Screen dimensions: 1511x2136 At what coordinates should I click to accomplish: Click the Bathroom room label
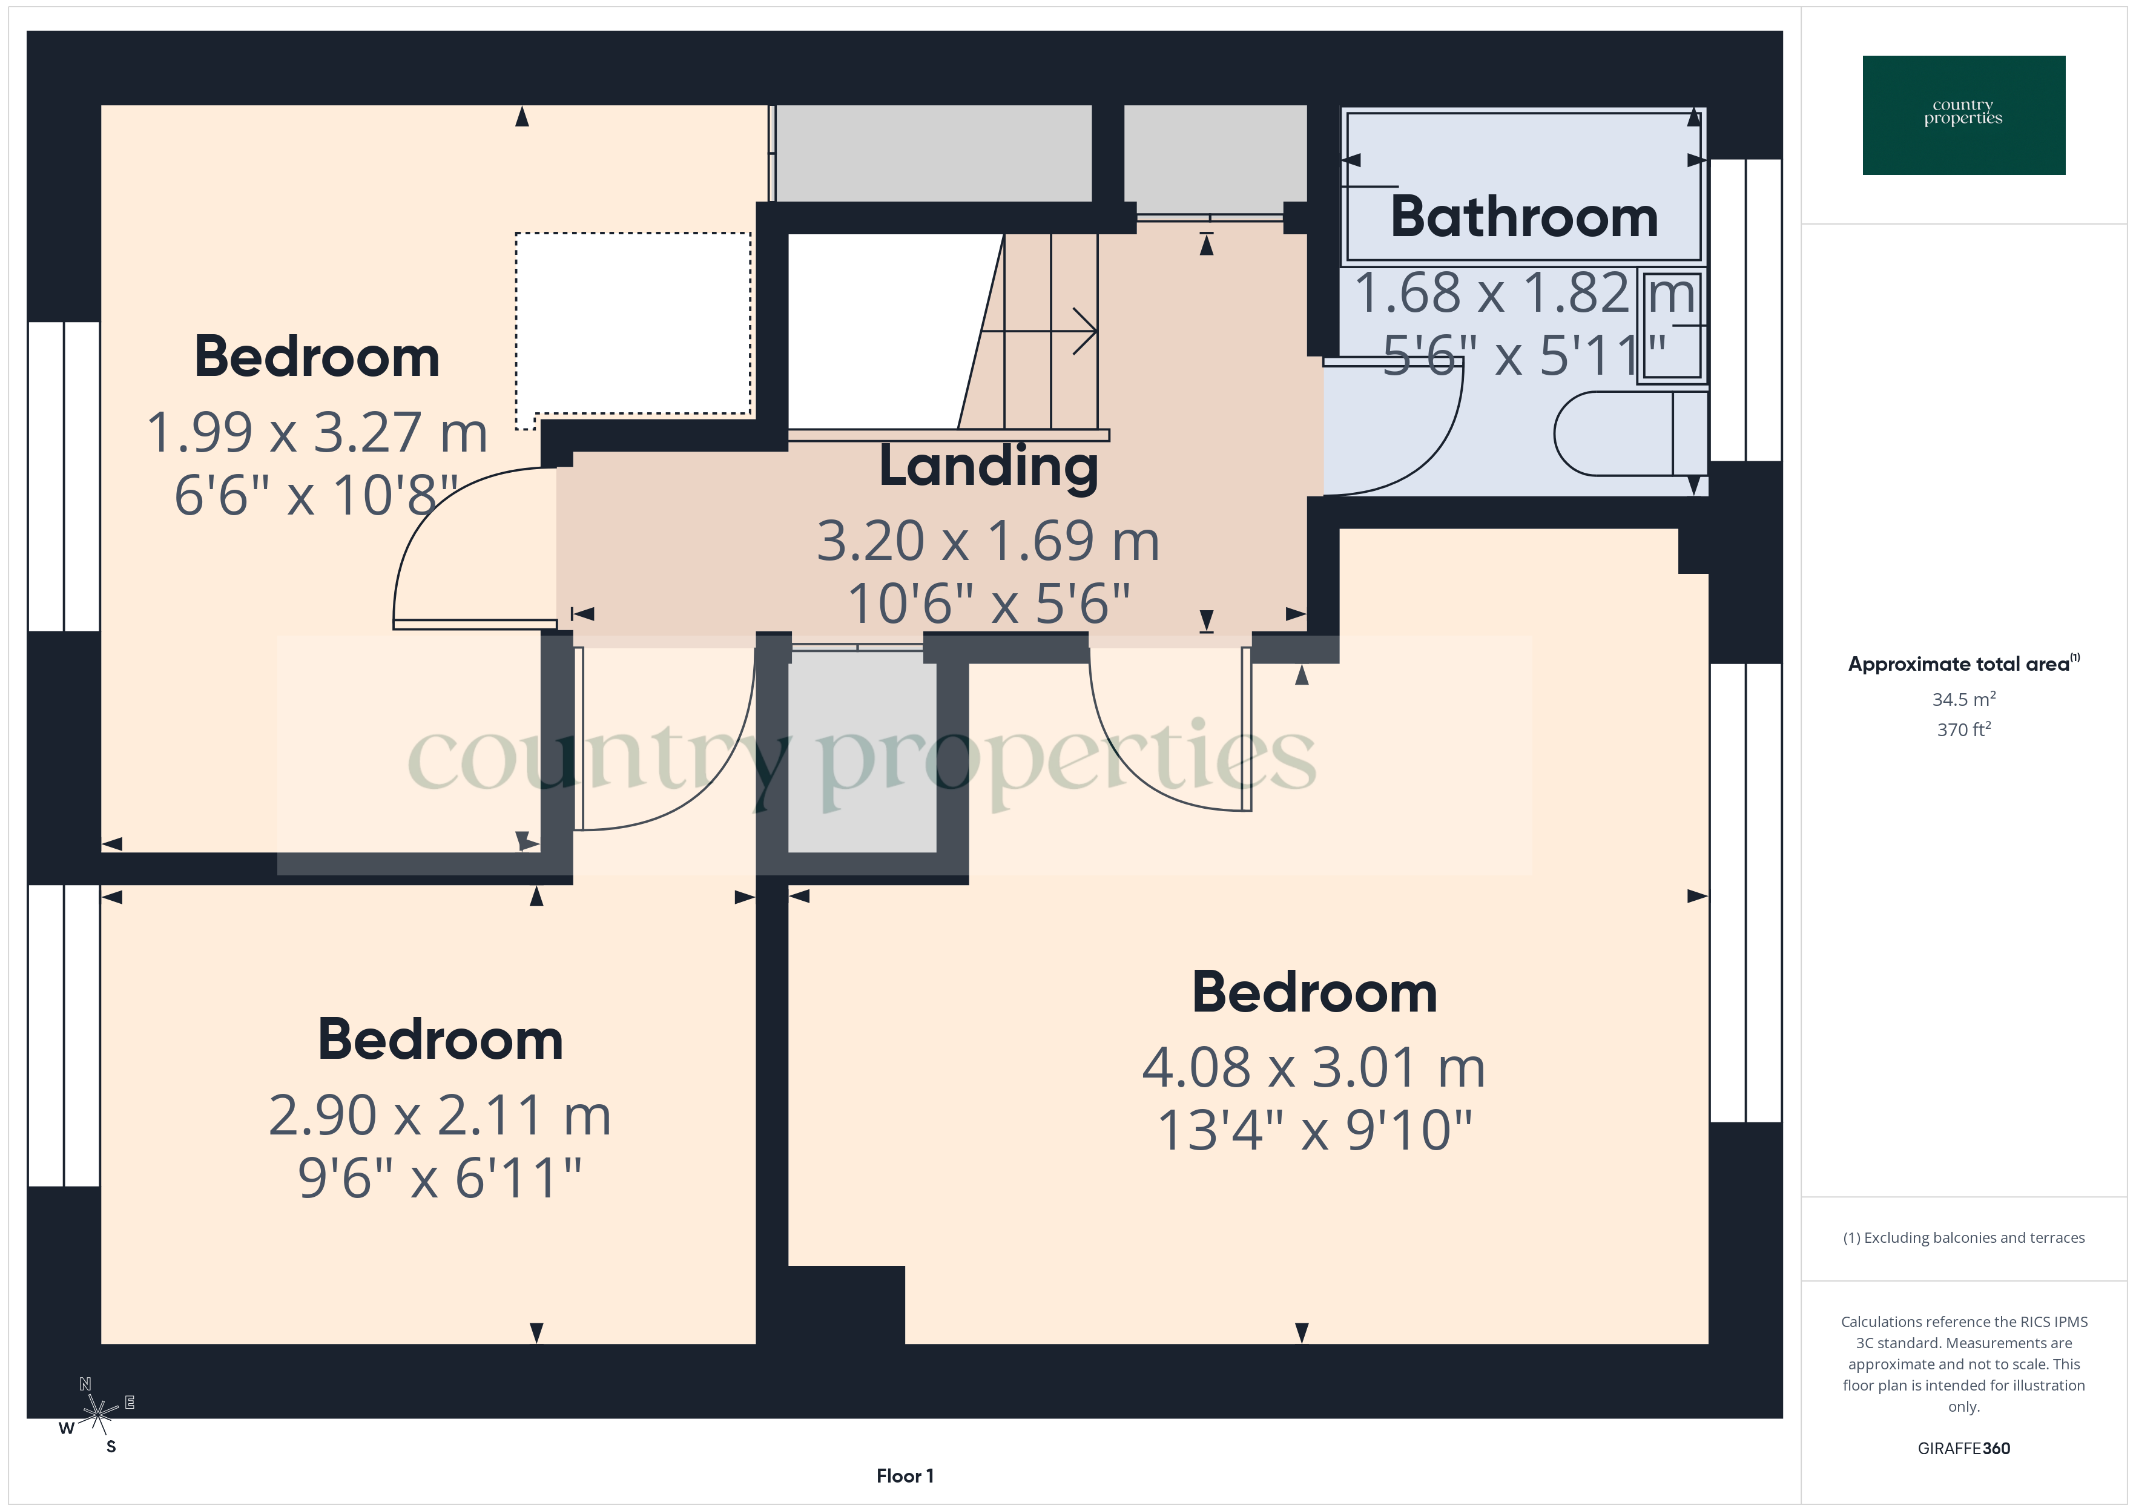pos(1524,218)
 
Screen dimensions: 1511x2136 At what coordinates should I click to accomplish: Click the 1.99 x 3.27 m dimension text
pos(316,433)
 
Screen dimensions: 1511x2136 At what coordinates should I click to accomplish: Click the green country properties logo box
pos(1963,116)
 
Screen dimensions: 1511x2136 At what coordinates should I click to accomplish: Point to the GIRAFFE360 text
pos(1963,1449)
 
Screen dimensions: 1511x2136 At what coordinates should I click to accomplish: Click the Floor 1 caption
pos(905,1476)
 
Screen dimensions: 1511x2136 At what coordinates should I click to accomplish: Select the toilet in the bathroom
pos(1628,433)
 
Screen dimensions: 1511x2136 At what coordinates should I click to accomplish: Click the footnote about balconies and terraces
pos(1963,1237)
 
